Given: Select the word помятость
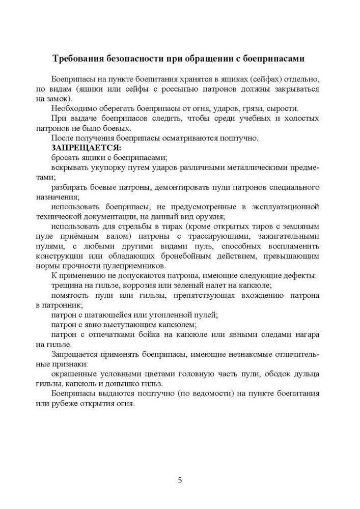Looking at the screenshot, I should [71, 295].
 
